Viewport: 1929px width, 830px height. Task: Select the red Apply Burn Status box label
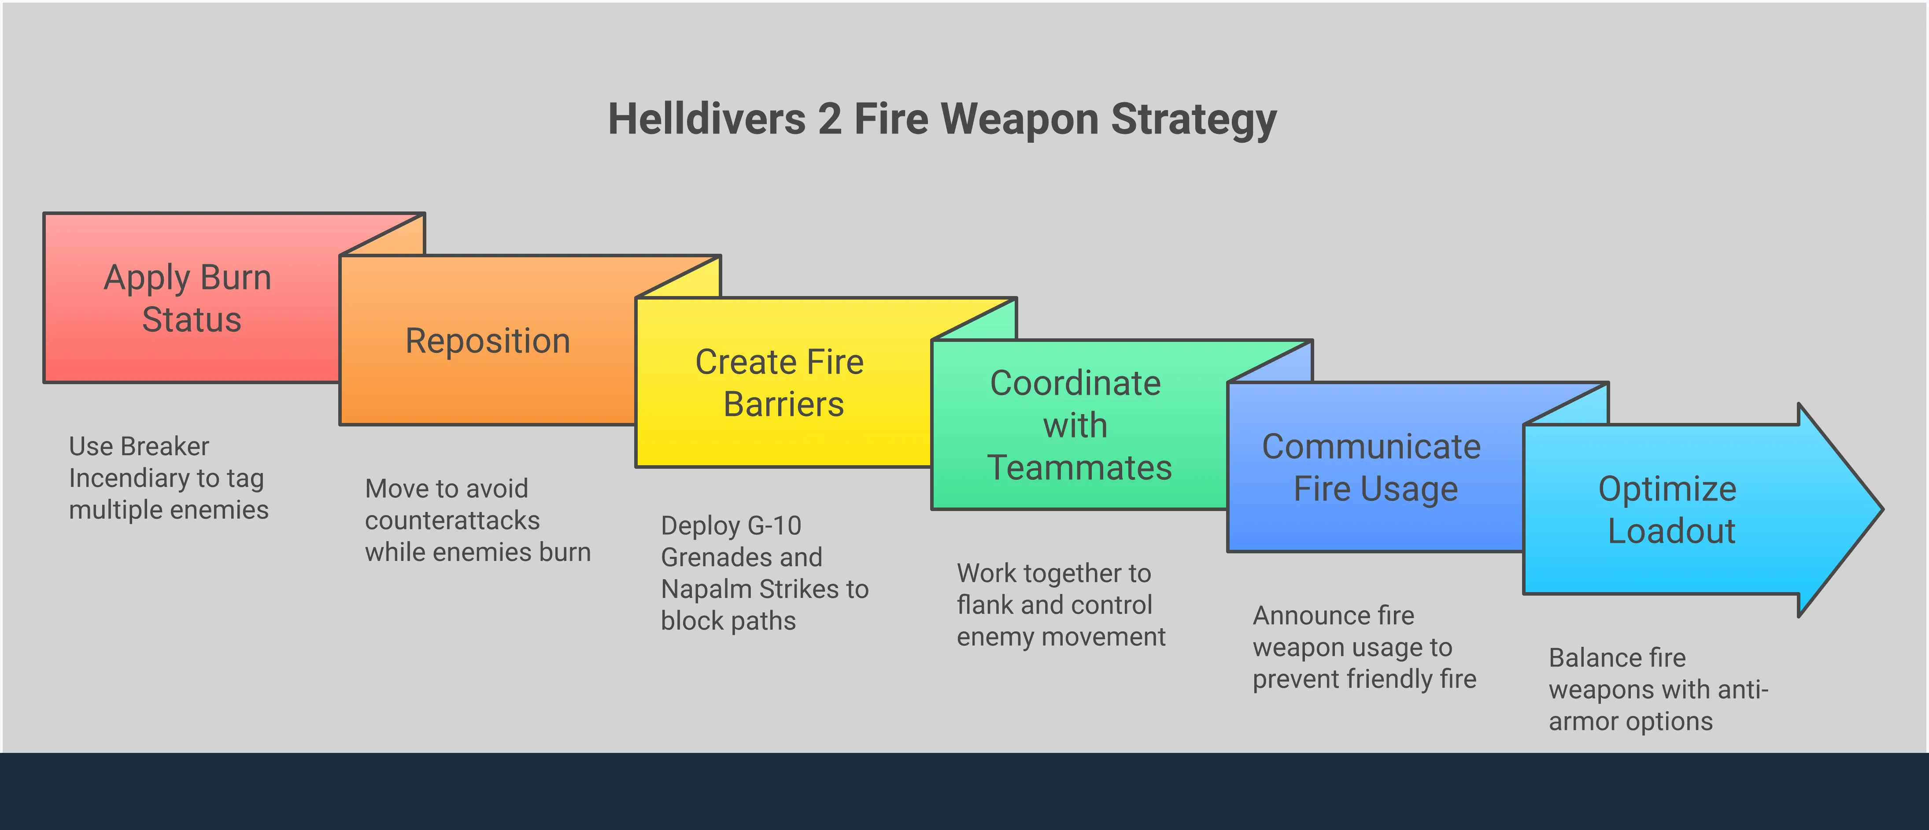[x=188, y=298]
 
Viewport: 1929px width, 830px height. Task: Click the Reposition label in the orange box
[x=488, y=341]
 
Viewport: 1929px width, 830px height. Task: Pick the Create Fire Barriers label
[x=780, y=383]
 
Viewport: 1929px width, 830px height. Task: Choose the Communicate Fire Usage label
[x=1372, y=467]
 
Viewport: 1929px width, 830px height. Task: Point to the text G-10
[x=774, y=526]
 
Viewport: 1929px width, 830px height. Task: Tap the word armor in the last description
[x=1581, y=721]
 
